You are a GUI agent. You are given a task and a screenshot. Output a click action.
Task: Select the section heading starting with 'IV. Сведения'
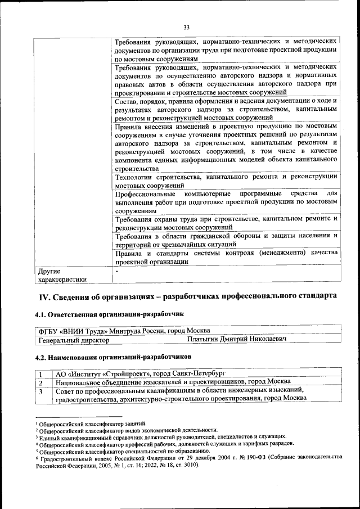tap(187, 296)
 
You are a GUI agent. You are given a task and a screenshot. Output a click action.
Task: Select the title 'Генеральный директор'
tap(73, 340)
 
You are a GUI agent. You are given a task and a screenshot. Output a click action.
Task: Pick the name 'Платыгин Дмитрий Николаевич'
tap(236, 340)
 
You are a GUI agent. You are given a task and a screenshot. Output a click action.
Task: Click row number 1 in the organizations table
tap(41, 373)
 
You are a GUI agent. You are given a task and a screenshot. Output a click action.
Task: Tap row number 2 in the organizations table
tap(41, 382)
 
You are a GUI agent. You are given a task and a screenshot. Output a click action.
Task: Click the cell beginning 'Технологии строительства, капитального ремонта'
tap(226, 181)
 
